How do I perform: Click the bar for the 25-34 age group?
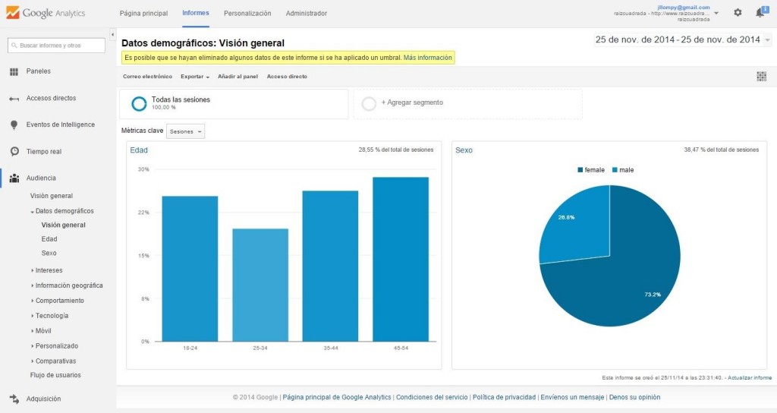click(x=260, y=285)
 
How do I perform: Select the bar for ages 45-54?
click(x=401, y=259)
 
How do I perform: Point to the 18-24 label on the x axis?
click(x=190, y=348)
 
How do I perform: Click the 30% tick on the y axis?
click(x=143, y=169)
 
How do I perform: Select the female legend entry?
click(x=591, y=170)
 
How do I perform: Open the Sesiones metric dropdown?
click(x=186, y=131)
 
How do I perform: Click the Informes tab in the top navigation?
click(x=196, y=14)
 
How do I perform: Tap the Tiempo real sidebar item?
click(x=43, y=151)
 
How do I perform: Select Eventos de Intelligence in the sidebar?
click(x=60, y=125)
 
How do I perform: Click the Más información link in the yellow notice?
click(x=428, y=58)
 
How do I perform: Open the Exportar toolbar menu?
click(x=194, y=77)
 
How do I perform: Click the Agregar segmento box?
click(x=467, y=103)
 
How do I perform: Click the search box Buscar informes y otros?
click(x=55, y=46)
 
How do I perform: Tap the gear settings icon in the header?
click(x=738, y=13)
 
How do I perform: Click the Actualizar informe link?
click(x=750, y=377)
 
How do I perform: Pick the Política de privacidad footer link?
click(x=505, y=397)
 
